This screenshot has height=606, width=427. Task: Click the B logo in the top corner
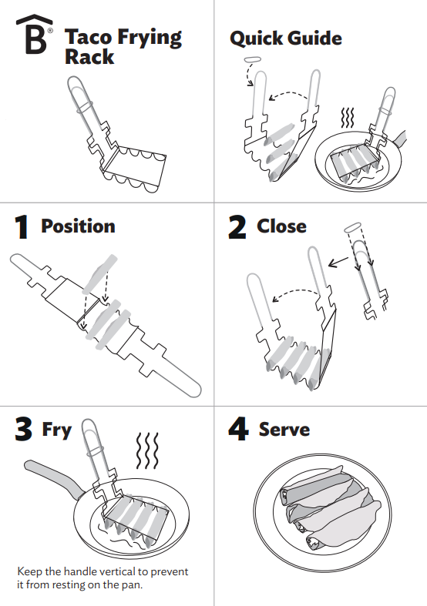click(x=35, y=35)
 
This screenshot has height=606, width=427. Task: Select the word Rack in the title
click(x=89, y=57)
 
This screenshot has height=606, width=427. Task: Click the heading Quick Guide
click(x=285, y=38)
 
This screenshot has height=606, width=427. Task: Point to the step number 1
click(x=22, y=227)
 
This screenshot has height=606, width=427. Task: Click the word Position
click(x=78, y=226)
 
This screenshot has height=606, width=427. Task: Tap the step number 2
click(x=238, y=226)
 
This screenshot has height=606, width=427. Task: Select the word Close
click(x=281, y=226)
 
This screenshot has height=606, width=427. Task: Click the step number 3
click(x=23, y=430)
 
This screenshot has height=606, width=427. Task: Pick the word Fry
click(x=56, y=430)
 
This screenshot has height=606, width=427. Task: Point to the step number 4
click(x=238, y=430)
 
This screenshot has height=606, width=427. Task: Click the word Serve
click(x=284, y=430)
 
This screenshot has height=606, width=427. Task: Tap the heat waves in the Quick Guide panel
click(x=348, y=117)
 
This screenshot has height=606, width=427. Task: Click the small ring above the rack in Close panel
click(x=353, y=228)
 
